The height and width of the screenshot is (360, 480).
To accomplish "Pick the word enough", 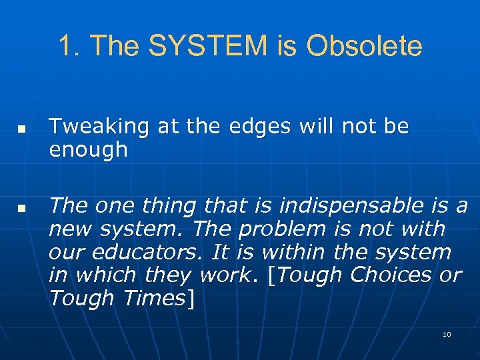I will point(88,150).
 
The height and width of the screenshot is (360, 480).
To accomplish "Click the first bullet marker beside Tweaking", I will point(21,127).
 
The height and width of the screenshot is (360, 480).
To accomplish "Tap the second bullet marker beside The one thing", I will point(21,208).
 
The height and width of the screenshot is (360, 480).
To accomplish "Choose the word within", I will point(291,253).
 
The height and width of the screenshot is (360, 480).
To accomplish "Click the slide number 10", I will point(447,333).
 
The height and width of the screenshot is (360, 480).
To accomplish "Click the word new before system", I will point(70,229).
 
